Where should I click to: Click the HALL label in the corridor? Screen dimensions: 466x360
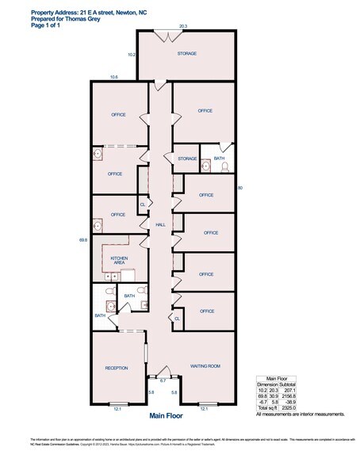tap(159, 225)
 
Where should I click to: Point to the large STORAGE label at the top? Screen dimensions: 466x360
tap(186, 54)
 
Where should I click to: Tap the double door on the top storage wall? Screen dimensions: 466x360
tap(163, 34)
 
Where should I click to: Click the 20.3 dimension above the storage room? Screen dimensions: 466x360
tap(183, 26)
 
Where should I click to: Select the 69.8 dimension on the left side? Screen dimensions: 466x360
tap(82, 239)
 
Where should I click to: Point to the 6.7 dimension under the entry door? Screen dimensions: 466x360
tap(163, 381)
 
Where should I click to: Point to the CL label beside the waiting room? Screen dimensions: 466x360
tap(176, 319)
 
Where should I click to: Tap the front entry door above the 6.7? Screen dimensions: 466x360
tap(163, 369)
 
